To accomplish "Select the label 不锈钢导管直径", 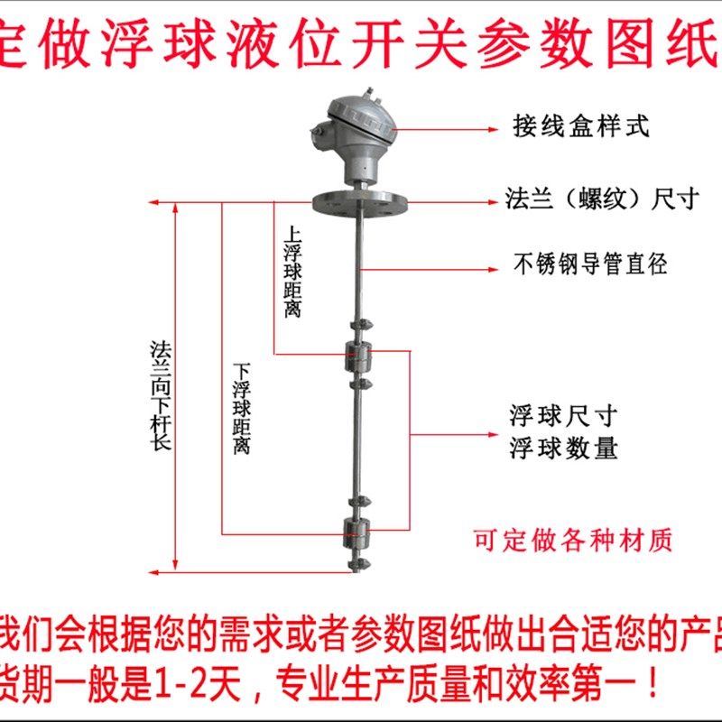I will tap(590, 265).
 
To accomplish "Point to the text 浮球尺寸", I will tap(564, 417).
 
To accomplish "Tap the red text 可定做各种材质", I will tap(574, 540).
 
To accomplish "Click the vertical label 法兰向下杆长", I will tap(161, 394).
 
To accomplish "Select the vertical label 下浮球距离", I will tap(241, 408).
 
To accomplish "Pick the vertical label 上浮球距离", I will tap(292, 271).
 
